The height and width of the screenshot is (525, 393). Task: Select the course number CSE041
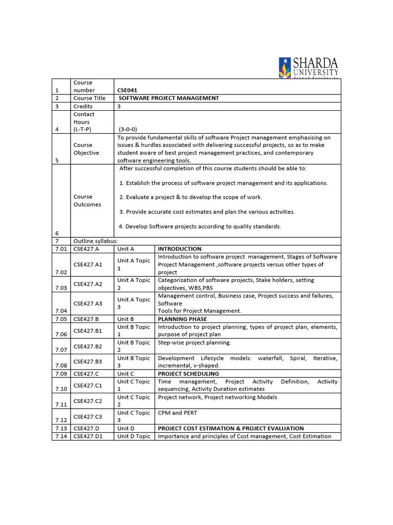point(127,90)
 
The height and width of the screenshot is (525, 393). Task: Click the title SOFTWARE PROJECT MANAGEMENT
point(169,98)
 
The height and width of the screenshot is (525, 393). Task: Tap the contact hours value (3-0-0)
point(128,129)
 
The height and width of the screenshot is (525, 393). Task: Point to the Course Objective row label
point(86,149)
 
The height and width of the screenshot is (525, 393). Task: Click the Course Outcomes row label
point(87,200)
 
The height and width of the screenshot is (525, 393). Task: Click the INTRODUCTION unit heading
point(180,249)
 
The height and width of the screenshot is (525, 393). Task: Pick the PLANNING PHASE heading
point(182,319)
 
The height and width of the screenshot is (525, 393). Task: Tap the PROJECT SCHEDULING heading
point(188,374)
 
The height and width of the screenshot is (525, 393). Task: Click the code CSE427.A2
point(88,284)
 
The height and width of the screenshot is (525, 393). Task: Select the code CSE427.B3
point(88,361)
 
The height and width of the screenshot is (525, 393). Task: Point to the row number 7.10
point(61,389)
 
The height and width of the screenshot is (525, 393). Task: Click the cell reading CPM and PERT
point(178,413)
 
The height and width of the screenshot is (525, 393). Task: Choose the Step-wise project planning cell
point(194,342)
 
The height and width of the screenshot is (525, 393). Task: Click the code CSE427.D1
point(88,436)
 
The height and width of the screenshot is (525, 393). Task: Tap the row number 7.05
point(61,319)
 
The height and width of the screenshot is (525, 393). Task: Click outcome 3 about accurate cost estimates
point(207,211)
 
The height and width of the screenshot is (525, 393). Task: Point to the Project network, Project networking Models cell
point(217,397)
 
